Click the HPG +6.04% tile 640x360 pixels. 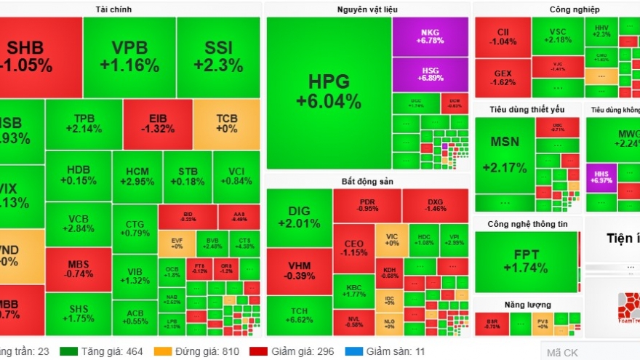pyautogui.click(x=328, y=90)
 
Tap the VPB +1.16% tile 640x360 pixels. pyautogui.click(x=129, y=57)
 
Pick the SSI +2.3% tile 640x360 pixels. pyautogui.click(x=218, y=57)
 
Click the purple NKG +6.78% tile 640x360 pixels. pyautogui.click(x=430, y=36)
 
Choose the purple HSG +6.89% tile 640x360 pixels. pyautogui.click(x=430, y=74)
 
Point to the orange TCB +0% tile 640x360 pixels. pyautogui.click(x=226, y=123)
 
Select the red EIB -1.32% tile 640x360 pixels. pyautogui.click(x=157, y=123)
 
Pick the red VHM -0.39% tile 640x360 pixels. pyautogui.click(x=299, y=271)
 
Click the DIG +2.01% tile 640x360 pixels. pyautogui.click(x=299, y=217)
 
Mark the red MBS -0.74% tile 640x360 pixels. pyautogui.click(x=79, y=269)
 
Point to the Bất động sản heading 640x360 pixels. pyautogui.click(x=367, y=180)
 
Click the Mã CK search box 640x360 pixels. pyautogui.click(x=589, y=352)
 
